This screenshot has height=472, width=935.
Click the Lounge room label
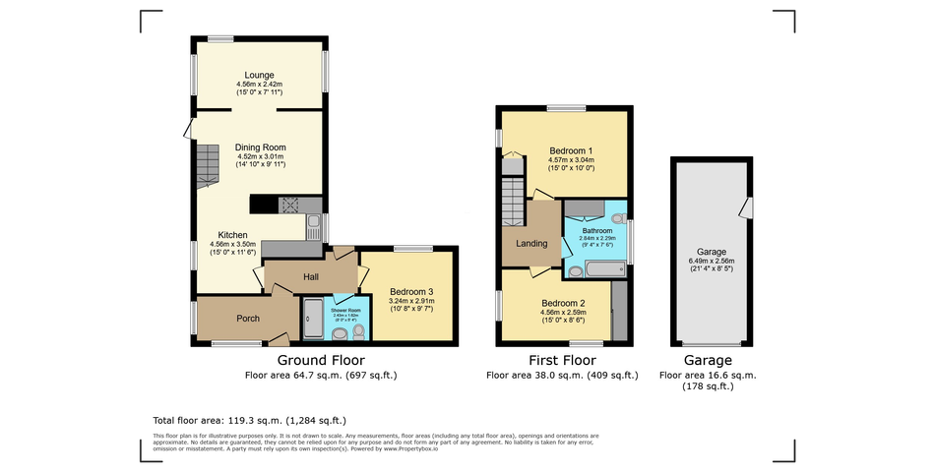tap(260, 75)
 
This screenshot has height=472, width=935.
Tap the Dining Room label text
tap(260, 147)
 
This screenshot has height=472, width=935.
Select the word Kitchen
tap(232, 235)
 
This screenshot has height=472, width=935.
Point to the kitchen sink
tap(312, 229)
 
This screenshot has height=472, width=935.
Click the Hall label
tap(311, 277)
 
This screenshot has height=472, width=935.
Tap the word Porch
tap(248, 319)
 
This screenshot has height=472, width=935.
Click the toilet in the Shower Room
tap(358, 330)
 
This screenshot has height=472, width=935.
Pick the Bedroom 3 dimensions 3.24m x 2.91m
tap(411, 302)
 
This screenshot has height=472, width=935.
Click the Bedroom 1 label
tap(571, 150)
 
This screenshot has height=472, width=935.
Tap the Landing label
tap(531, 244)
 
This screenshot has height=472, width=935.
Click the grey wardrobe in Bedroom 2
tap(619, 311)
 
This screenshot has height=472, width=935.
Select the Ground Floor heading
tap(321, 360)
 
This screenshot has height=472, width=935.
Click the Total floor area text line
tap(250, 420)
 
